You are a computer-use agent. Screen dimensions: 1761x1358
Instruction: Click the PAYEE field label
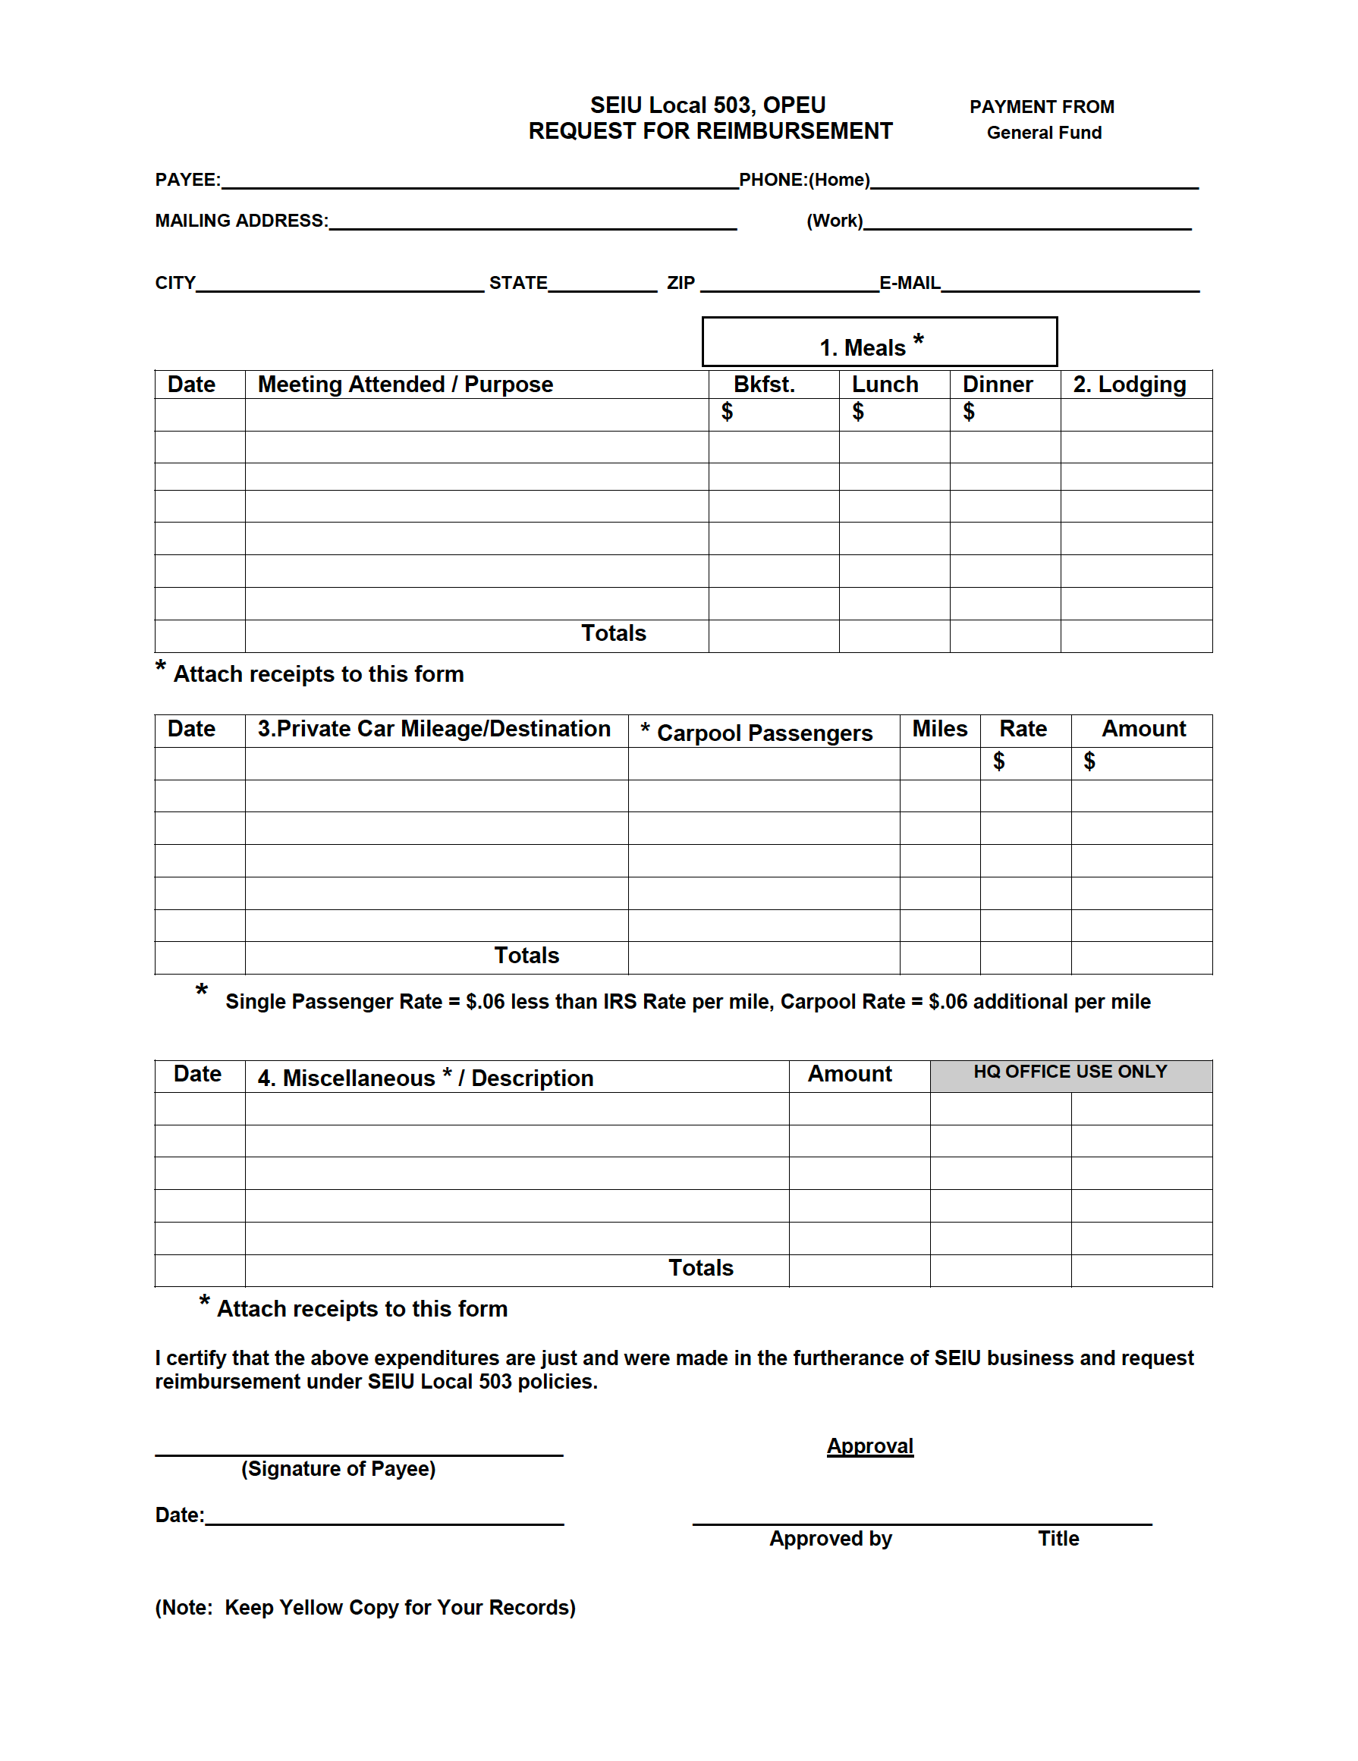[187, 180]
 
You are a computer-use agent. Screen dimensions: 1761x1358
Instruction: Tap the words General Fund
[1043, 133]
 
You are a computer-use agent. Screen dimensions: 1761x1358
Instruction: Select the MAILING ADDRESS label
[241, 221]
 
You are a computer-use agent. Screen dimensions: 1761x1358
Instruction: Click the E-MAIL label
[909, 283]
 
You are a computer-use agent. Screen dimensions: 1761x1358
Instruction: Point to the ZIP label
[680, 283]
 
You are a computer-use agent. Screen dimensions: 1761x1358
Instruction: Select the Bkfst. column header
[763, 385]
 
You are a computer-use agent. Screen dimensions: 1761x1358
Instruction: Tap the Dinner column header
[997, 385]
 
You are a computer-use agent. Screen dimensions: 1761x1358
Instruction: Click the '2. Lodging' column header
[1128, 385]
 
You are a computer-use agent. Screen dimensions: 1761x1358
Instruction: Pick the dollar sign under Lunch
[857, 412]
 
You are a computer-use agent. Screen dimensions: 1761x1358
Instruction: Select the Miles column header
[938, 729]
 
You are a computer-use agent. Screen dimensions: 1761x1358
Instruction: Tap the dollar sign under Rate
[998, 761]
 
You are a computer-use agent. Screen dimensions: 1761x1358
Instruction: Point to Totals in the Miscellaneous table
[700, 1267]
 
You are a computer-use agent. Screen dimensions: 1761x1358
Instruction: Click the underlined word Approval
[869, 1446]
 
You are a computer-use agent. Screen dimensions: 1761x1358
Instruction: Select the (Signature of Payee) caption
[338, 1468]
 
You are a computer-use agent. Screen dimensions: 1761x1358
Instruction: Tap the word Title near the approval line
[1058, 1539]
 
